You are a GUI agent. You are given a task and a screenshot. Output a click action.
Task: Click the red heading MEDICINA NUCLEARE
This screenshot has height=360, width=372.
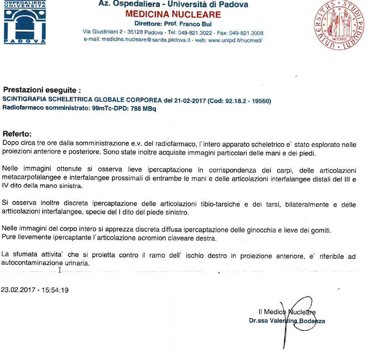[x=173, y=14]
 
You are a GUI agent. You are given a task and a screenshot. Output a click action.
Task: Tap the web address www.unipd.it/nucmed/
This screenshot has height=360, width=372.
[x=235, y=40]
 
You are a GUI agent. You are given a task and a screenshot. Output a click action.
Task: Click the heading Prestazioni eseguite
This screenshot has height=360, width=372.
[x=41, y=90]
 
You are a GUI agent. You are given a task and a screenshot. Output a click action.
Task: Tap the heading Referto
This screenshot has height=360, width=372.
[x=17, y=134]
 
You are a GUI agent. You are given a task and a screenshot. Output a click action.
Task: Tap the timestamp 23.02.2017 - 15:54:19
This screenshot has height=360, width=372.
[x=35, y=289]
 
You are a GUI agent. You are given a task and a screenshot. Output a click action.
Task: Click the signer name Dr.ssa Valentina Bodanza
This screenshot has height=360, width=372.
[x=287, y=321]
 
